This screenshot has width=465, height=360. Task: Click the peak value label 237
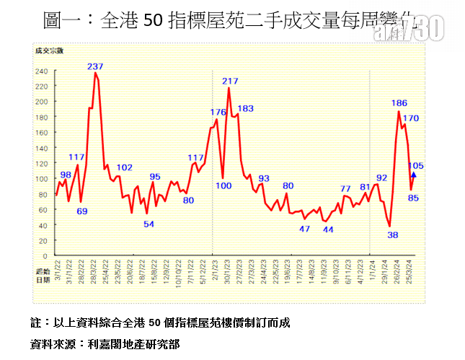[95, 66]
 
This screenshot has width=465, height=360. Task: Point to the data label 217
[231, 81]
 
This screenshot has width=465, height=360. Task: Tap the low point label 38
[393, 234]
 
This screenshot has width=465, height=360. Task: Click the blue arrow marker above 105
[413, 174]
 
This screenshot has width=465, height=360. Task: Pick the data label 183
[245, 109]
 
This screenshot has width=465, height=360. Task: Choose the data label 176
[218, 112]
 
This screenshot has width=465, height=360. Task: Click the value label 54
[149, 224]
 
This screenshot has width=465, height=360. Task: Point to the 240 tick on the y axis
[42, 71]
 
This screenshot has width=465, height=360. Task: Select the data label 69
[81, 211]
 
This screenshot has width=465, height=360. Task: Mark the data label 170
[411, 118]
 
